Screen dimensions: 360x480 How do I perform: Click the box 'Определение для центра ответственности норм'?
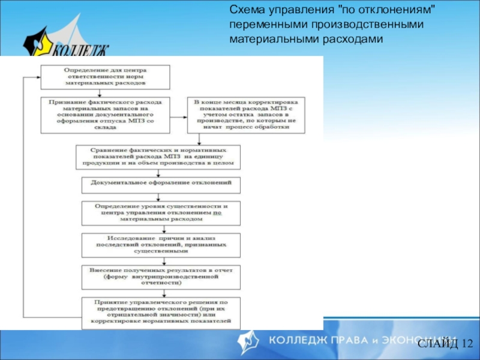coord(104,76)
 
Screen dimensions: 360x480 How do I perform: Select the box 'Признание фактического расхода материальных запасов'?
coord(104,114)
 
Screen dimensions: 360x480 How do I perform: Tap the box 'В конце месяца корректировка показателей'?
coord(245,115)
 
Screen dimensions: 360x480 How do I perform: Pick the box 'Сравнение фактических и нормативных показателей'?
coord(159,156)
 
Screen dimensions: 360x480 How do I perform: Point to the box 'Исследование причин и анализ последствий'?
coord(161,245)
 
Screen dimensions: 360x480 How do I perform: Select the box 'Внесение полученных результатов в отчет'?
coord(161,277)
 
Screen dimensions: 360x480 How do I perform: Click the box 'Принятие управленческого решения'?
coord(161,313)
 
